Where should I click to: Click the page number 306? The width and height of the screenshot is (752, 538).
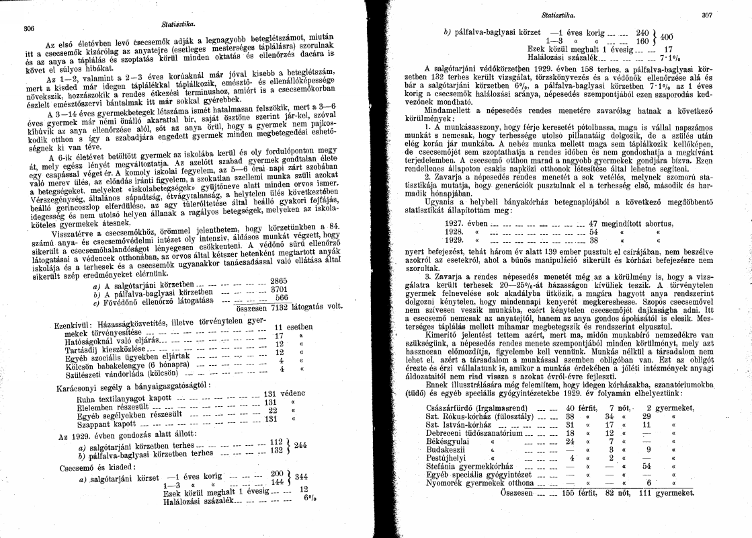29,28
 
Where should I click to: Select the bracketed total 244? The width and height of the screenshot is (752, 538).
301,445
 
